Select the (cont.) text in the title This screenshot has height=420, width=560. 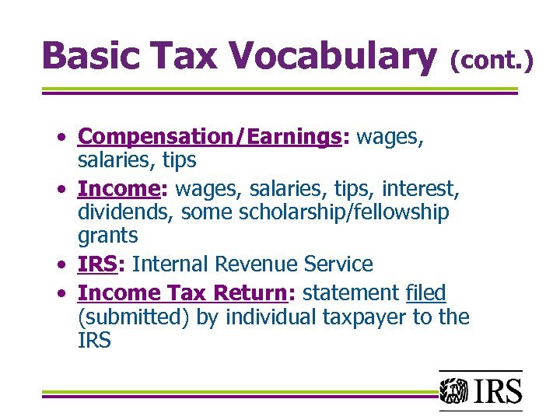(x=492, y=59)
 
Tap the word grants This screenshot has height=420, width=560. (x=108, y=236)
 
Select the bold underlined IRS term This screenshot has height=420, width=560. (x=97, y=264)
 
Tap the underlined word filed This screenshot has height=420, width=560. (x=425, y=293)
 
